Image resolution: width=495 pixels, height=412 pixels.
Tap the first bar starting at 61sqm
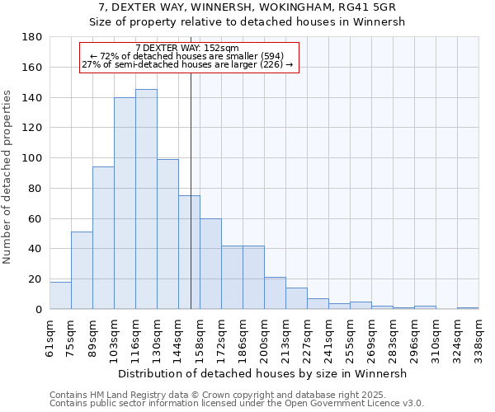click(x=60, y=295)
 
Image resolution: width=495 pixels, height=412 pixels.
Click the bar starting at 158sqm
click(x=210, y=264)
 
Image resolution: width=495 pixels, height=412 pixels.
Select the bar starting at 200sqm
click(x=275, y=293)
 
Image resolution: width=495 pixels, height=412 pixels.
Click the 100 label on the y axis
click(x=34, y=158)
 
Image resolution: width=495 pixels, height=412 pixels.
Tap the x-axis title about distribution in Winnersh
click(x=262, y=373)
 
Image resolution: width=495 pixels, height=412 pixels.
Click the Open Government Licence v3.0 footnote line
click(x=236, y=404)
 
